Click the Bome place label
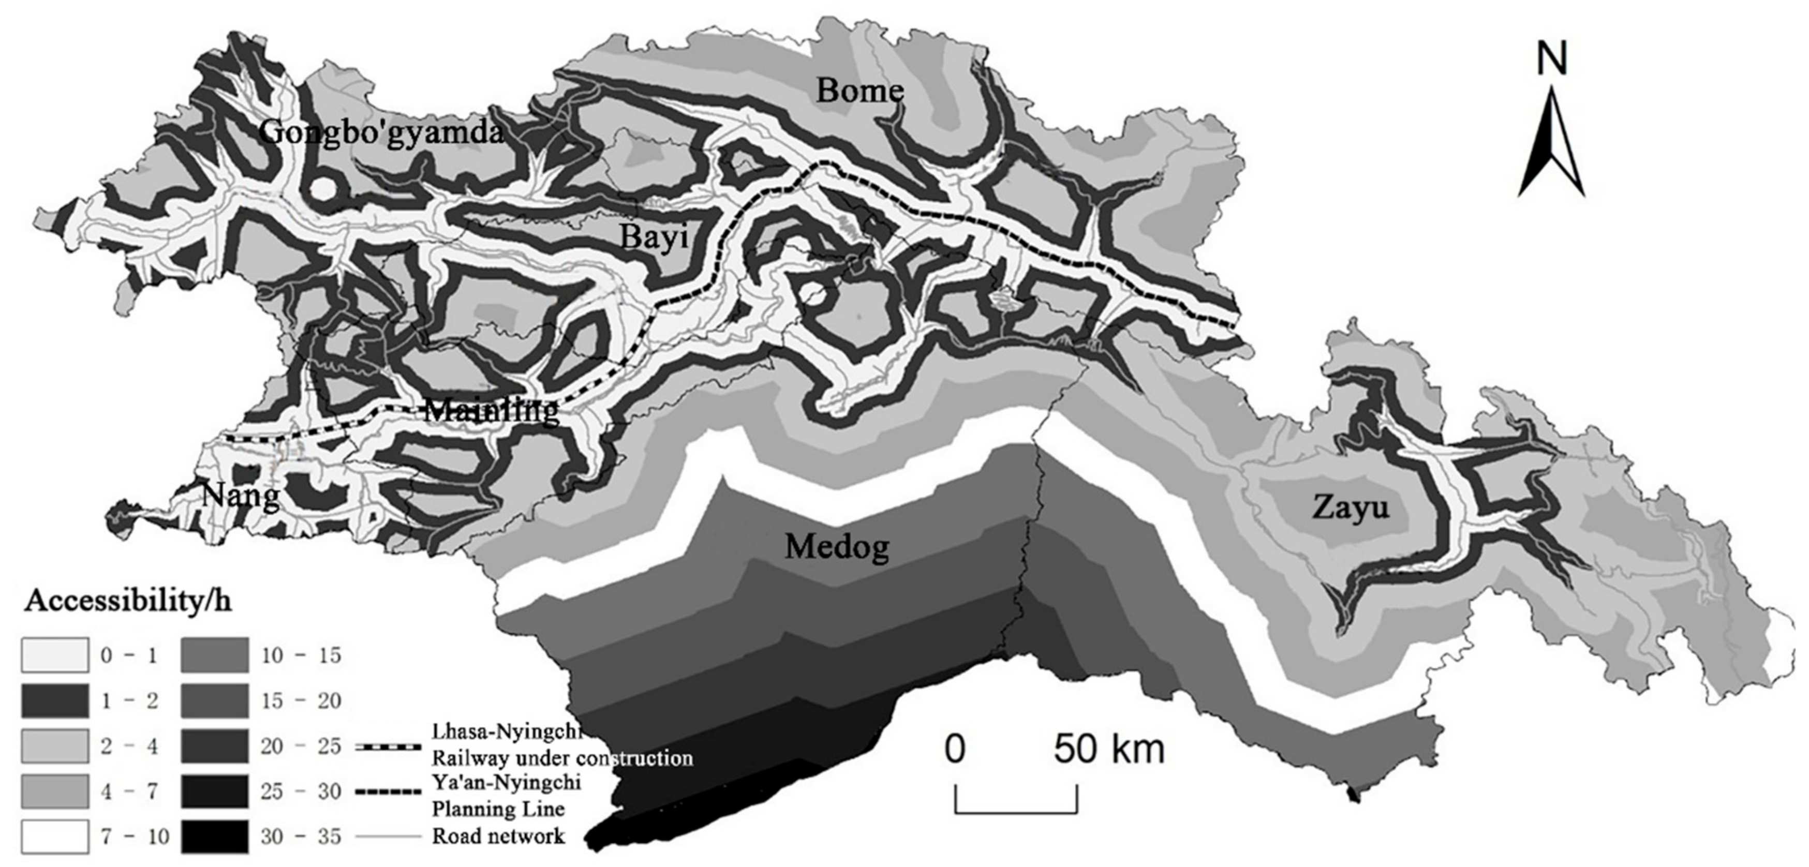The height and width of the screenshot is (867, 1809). [859, 91]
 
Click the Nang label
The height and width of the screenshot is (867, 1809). [240, 496]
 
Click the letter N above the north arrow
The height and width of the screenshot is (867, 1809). [1551, 58]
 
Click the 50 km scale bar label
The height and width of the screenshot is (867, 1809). [1109, 749]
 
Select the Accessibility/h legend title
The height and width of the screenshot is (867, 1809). [128, 602]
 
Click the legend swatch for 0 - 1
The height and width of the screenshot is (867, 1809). [55, 655]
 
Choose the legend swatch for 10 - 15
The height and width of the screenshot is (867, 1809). [214, 655]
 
